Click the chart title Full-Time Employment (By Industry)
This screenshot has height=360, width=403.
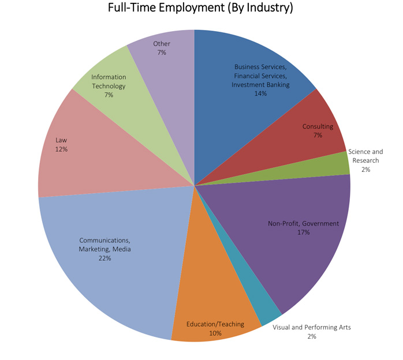[x=200, y=9]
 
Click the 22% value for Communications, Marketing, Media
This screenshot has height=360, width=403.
[x=105, y=258]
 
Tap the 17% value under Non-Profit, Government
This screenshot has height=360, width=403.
[x=304, y=232]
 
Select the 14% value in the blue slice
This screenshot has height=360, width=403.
[x=260, y=93]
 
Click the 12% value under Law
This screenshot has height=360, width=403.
[x=62, y=149]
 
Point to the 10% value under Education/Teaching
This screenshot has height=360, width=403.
[x=215, y=333]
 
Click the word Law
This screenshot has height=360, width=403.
[x=62, y=140]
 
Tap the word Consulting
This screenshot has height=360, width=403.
[x=318, y=126]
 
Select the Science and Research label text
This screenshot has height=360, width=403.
[x=365, y=156]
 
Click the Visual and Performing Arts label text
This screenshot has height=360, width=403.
[x=311, y=327]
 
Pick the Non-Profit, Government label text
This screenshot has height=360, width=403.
[x=304, y=223]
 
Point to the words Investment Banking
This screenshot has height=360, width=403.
[x=260, y=84]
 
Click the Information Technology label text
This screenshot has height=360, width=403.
[x=109, y=81]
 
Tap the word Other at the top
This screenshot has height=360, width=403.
[x=162, y=43]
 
